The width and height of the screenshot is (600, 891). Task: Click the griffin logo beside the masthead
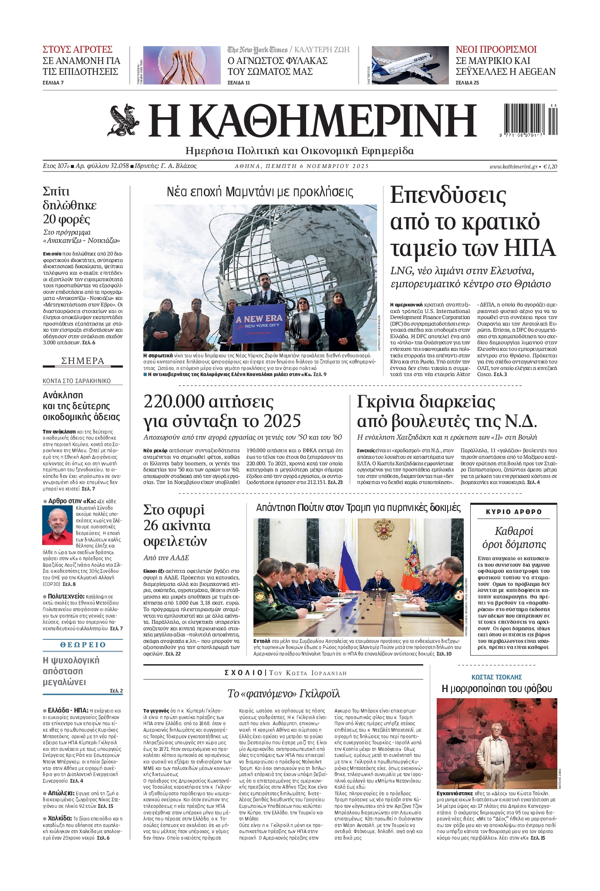click(x=123, y=121)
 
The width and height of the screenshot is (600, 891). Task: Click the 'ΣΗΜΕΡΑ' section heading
click(x=83, y=361)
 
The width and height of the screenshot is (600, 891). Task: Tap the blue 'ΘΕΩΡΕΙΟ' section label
click(x=83, y=645)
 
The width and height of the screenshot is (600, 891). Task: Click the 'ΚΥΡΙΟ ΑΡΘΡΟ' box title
click(x=514, y=512)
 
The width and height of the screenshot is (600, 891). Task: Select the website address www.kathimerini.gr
click(x=513, y=166)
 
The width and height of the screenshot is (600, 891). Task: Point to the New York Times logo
click(x=257, y=50)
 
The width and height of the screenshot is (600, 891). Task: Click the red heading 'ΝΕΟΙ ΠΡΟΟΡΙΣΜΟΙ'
click(x=496, y=49)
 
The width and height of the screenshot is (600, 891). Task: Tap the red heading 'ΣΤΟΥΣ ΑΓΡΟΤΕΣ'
click(x=78, y=49)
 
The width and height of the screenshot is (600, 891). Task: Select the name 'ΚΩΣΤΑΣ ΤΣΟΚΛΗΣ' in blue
click(x=496, y=677)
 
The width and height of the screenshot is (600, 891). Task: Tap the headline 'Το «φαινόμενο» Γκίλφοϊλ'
click(x=283, y=693)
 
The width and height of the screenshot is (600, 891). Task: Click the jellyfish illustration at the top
click(x=182, y=65)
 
